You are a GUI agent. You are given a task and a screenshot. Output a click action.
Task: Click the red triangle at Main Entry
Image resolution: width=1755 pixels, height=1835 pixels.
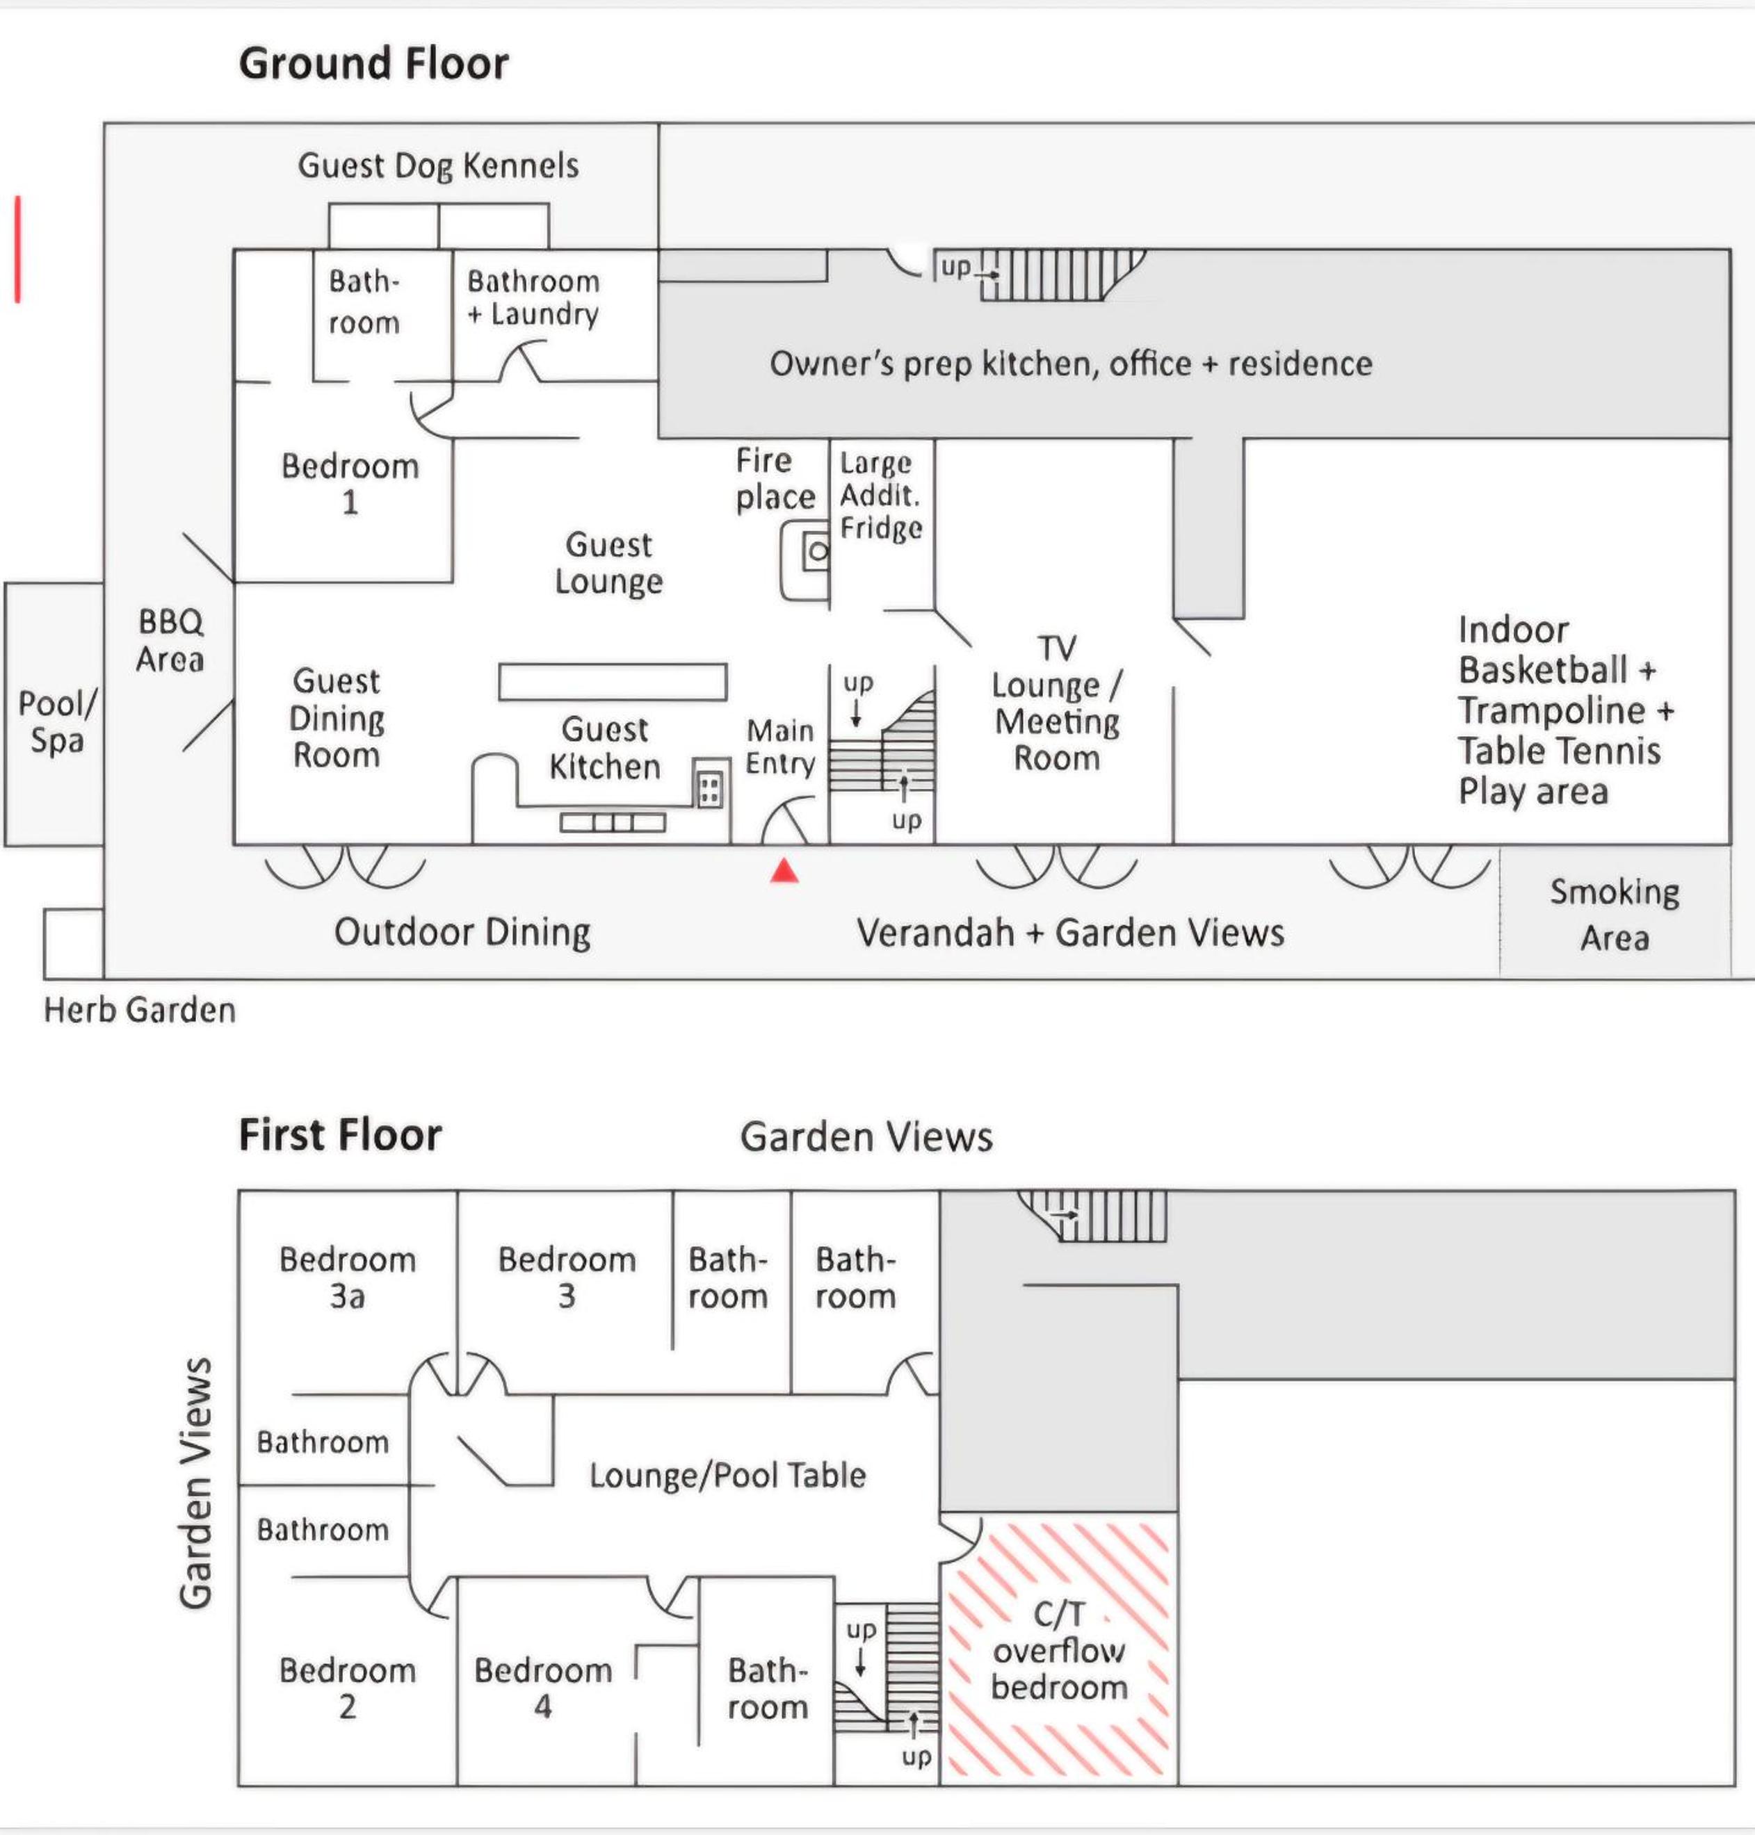(x=784, y=872)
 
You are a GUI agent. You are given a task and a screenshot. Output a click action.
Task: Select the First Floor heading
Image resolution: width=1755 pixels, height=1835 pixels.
(x=339, y=1134)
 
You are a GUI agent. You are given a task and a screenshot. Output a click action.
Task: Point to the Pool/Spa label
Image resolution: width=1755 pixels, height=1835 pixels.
(x=57, y=722)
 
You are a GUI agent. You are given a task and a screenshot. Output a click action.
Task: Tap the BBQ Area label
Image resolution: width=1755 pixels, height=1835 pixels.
(x=170, y=641)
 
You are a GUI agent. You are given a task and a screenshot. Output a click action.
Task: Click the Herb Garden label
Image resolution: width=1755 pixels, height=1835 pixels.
(x=139, y=1010)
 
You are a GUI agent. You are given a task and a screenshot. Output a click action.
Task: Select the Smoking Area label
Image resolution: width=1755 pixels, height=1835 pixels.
(x=1615, y=914)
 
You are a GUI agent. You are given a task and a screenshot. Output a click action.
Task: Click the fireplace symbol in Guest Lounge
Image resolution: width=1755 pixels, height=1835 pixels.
(x=805, y=560)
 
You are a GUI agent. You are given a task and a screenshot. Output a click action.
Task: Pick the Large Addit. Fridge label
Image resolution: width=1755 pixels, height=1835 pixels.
(x=881, y=496)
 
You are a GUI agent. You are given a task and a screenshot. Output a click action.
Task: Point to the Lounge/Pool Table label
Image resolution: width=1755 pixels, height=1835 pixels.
(x=727, y=1476)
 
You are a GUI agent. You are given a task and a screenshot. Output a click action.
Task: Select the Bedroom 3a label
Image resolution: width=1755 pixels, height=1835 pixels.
(x=347, y=1278)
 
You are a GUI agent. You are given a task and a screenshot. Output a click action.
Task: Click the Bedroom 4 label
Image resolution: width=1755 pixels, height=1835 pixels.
(x=542, y=1688)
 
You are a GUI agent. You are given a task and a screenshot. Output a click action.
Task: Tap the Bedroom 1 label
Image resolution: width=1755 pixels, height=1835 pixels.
(x=350, y=484)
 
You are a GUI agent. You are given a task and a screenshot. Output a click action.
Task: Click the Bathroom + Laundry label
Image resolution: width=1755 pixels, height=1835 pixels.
(x=533, y=297)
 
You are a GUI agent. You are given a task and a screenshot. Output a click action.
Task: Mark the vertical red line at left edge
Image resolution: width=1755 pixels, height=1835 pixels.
(x=17, y=249)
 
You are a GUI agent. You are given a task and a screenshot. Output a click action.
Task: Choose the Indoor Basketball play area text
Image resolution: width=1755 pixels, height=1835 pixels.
(x=1565, y=711)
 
